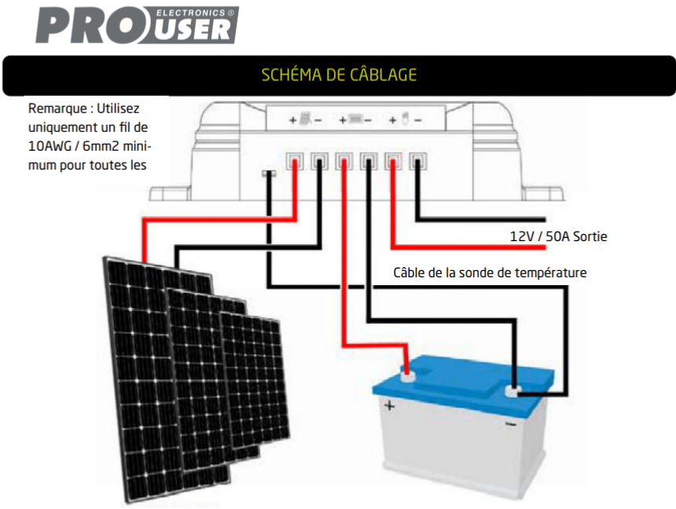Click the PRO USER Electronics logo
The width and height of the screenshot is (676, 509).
click(x=137, y=25)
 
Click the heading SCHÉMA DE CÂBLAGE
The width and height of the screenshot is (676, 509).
click(x=339, y=75)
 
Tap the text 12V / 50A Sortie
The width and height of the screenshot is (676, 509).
click(x=558, y=236)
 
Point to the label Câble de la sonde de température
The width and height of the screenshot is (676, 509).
click(x=490, y=273)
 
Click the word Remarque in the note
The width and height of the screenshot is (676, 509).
click(x=57, y=108)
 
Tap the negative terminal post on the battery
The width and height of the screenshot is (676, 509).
click(x=513, y=391)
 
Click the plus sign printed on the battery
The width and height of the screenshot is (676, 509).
click(x=389, y=405)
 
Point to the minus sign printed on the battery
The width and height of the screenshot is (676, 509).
click(x=510, y=424)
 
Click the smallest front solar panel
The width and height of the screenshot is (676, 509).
click(x=255, y=379)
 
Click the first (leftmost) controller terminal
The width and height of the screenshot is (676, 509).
click(x=295, y=162)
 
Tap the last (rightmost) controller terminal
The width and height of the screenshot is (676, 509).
click(x=417, y=162)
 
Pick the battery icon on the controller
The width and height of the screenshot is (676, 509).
click(x=355, y=119)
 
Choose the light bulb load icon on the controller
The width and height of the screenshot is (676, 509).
click(x=405, y=118)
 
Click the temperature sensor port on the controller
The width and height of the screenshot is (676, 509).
click(x=269, y=174)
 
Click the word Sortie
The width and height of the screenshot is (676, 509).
click(x=590, y=236)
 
